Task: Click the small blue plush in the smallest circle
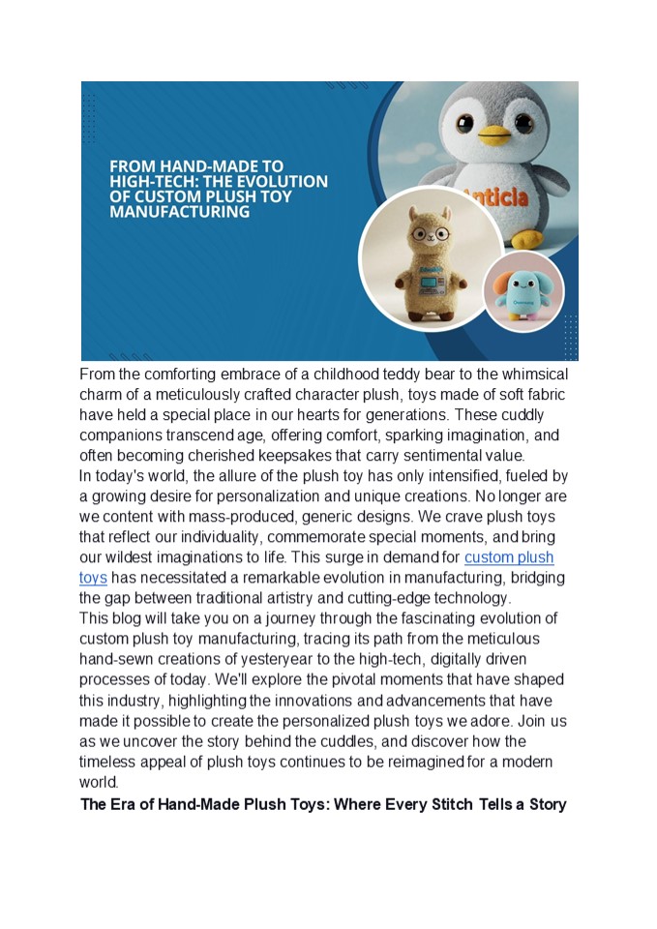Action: [523, 291]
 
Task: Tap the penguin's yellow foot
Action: [527, 238]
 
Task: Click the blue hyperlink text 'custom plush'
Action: [509, 558]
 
